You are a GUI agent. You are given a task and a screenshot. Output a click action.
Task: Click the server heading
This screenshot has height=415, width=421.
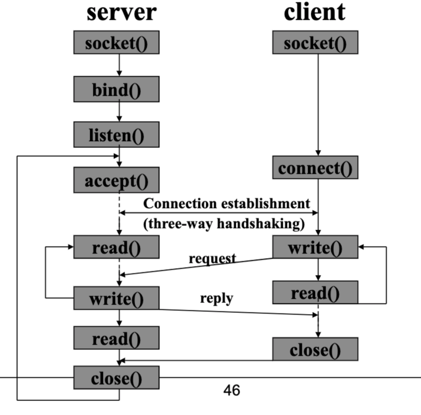point(122,12)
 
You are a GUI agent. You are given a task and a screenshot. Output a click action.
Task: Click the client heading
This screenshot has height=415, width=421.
point(315,12)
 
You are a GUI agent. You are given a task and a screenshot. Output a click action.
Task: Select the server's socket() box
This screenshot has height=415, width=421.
point(116,43)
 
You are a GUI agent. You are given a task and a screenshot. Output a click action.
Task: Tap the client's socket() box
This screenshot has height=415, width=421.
point(315,43)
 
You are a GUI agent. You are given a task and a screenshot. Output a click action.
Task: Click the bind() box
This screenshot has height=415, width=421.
point(116,89)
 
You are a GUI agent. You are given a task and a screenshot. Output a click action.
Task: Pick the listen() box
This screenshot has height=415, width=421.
point(116,135)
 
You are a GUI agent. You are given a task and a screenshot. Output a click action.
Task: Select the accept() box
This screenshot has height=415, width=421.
point(116,181)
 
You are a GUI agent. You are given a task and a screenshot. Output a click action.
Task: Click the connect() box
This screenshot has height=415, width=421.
point(315,168)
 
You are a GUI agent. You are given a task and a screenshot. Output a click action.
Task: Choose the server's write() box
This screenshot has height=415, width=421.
point(116,298)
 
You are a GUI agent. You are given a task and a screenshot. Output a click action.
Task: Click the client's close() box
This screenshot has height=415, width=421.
point(315,349)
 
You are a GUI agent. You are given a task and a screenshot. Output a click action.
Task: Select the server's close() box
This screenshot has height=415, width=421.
point(116,377)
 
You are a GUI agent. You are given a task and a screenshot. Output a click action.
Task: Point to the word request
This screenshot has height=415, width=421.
point(212,258)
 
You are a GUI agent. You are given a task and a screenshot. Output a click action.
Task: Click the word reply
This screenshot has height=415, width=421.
point(216,298)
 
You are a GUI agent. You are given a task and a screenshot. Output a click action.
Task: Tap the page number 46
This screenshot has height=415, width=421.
point(232,390)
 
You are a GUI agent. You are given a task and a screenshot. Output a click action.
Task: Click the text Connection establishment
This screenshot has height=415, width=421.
point(227,203)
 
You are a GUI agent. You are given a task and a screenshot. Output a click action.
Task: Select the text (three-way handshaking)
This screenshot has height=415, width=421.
point(224,224)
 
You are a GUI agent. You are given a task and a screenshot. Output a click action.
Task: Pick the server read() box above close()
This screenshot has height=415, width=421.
point(116,338)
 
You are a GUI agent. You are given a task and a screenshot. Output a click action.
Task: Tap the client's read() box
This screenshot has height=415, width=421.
point(315,292)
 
